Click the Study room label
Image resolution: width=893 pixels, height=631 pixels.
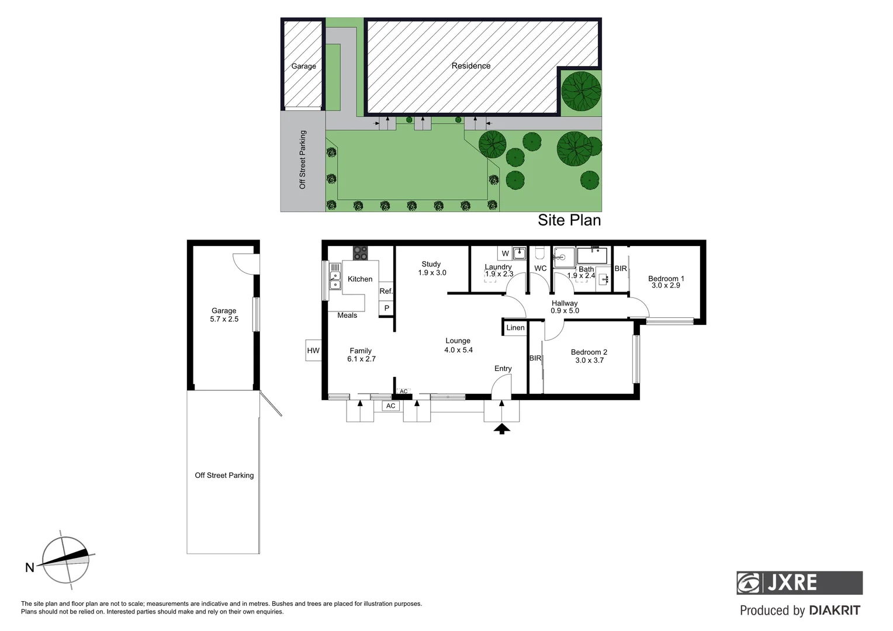click(431, 264)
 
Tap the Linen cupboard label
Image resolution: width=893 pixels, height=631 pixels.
click(515, 328)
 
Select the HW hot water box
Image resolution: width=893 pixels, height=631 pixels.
click(313, 351)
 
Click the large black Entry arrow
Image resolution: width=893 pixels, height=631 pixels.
click(501, 429)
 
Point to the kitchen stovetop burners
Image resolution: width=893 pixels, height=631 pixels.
click(360, 253)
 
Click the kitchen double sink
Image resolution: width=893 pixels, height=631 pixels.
click(335, 280)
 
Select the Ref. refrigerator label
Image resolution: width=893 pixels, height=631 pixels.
click(386, 291)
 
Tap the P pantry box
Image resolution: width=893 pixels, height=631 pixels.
click(386, 308)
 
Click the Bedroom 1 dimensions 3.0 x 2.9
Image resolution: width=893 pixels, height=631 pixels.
click(666, 286)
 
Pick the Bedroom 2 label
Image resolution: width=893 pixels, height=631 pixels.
click(589, 352)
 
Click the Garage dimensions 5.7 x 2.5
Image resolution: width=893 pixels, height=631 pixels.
click(224, 319)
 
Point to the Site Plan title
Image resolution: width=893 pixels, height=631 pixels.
click(569, 220)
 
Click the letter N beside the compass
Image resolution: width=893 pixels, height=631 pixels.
click(30, 567)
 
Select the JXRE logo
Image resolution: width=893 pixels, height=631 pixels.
click(799, 583)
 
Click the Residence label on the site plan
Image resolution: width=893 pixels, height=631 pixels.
click(470, 66)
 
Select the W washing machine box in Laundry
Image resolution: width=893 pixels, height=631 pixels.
click(505, 254)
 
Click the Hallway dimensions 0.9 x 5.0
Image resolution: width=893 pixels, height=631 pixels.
click(565, 311)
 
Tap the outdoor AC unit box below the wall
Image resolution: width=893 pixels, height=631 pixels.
click(390, 406)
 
